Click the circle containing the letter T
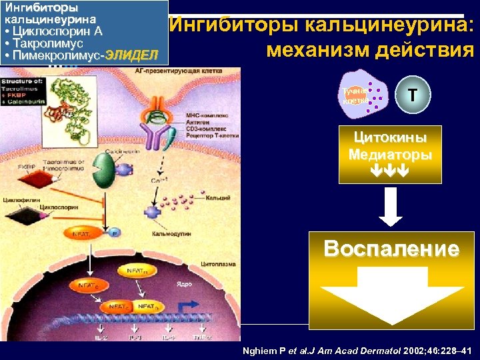coord(413,95)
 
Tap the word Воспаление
coord(391,249)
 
